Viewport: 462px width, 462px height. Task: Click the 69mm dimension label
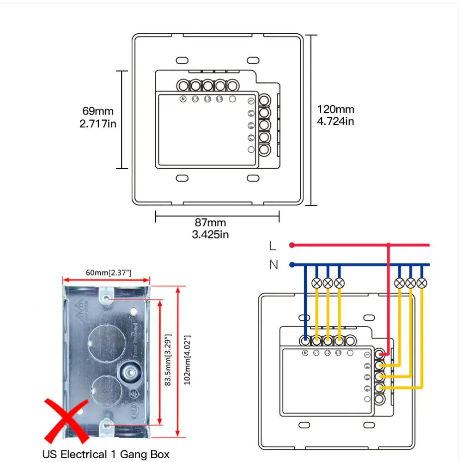click(x=98, y=111)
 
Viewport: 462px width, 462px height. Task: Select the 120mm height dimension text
click(x=336, y=109)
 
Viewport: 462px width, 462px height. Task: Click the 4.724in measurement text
click(x=336, y=121)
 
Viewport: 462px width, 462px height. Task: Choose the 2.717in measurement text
click(x=98, y=123)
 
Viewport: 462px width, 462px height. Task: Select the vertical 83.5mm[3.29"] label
click(x=169, y=360)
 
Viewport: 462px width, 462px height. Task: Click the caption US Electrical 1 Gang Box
click(x=106, y=454)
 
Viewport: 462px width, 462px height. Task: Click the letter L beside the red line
click(x=273, y=245)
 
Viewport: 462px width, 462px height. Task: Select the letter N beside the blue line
click(x=274, y=265)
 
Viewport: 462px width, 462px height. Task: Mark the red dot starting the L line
click(x=292, y=245)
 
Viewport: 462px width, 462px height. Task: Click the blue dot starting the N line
click(x=292, y=265)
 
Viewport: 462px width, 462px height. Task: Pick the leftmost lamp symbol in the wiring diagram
click(x=316, y=283)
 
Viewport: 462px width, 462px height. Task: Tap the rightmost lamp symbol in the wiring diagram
click(x=421, y=283)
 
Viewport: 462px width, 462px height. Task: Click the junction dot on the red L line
click(x=389, y=245)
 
